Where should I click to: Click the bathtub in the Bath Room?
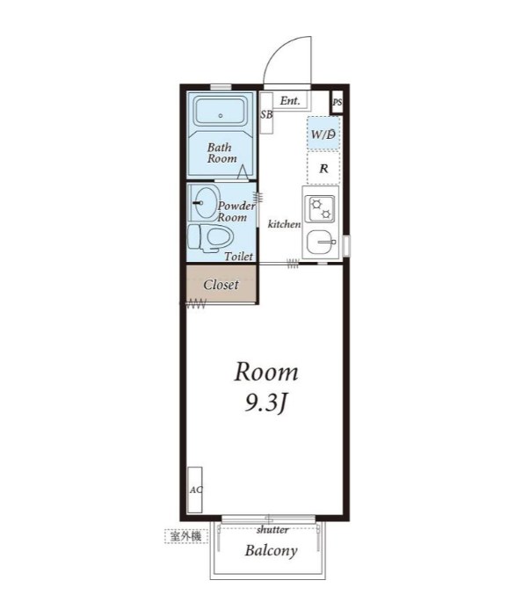[221, 111]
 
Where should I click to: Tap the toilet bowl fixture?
[210, 238]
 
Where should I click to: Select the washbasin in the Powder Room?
[205, 203]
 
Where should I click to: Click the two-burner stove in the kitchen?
[321, 209]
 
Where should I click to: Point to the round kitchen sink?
[321, 242]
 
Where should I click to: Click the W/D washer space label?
[323, 134]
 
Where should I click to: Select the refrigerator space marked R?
[323, 168]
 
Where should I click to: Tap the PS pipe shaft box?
[337, 102]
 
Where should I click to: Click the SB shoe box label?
[266, 114]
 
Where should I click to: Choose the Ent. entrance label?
[290, 100]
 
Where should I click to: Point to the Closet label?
[221, 285]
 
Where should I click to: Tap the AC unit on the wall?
[195, 490]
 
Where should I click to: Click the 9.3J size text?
[265, 403]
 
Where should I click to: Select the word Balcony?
[271, 550]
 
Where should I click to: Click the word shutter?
[272, 529]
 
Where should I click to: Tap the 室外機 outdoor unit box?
[186, 536]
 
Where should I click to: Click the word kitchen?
[285, 224]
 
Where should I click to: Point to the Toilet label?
[239, 257]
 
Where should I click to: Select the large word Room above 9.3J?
[266, 373]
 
